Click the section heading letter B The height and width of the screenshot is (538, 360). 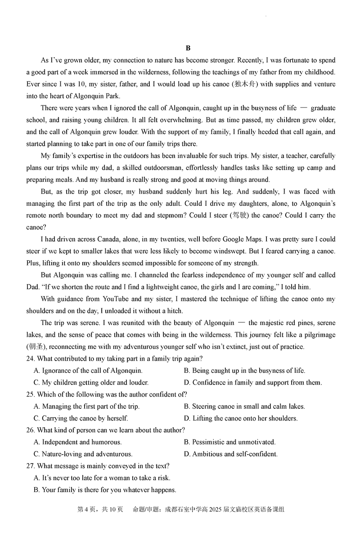[x=188, y=48]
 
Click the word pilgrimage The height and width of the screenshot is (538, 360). [x=316, y=335]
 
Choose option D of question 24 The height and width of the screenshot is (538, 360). [x=253, y=383]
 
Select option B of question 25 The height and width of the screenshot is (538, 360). [x=244, y=407]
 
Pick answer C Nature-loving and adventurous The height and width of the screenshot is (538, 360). [x=83, y=454]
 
